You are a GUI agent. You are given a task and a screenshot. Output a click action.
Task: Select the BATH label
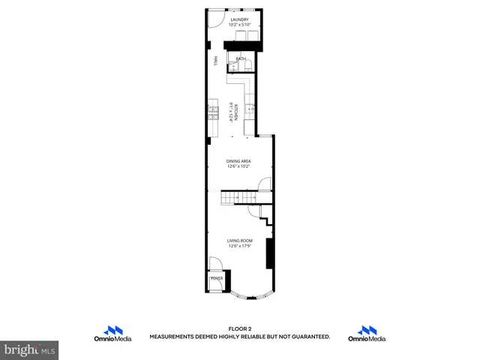point(241,58)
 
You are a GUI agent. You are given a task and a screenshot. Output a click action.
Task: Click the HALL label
point(215,61)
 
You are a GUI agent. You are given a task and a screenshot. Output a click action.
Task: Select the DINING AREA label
point(239,160)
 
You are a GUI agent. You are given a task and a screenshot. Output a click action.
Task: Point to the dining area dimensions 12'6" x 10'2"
point(239,166)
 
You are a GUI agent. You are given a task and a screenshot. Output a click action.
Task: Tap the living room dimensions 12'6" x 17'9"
point(239,245)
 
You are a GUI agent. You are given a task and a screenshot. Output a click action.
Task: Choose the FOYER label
point(217,278)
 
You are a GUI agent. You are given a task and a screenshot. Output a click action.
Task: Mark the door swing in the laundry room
point(216,19)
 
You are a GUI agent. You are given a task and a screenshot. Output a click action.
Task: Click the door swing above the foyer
point(216,264)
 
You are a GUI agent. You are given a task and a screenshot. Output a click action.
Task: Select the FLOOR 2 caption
point(239,329)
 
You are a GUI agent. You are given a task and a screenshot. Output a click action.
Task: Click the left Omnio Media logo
point(112,334)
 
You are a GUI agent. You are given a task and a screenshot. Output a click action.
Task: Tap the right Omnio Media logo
point(367,334)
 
